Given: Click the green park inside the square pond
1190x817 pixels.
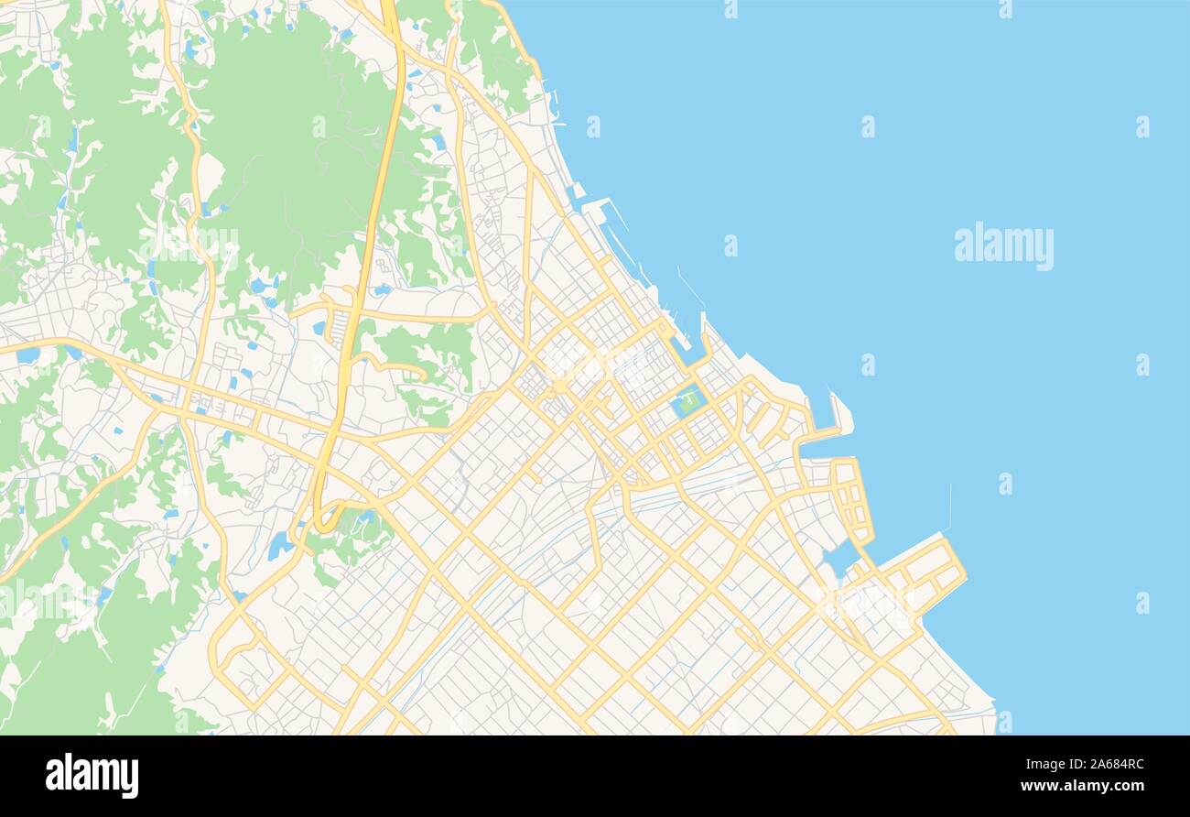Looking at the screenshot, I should pyautogui.click(x=687, y=400).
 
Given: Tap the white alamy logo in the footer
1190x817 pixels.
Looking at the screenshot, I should pyautogui.click(x=92, y=776).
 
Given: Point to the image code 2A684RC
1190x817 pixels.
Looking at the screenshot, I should pyautogui.click(x=1112, y=765).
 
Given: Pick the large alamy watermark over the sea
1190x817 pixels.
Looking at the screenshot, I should pyautogui.click(x=1003, y=245).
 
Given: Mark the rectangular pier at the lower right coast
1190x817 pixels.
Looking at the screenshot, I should pyautogui.click(x=934, y=572).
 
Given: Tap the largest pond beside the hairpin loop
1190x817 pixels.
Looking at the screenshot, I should pyautogui.click(x=279, y=546).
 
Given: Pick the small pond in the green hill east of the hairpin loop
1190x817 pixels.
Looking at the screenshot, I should pyautogui.click(x=366, y=518).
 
